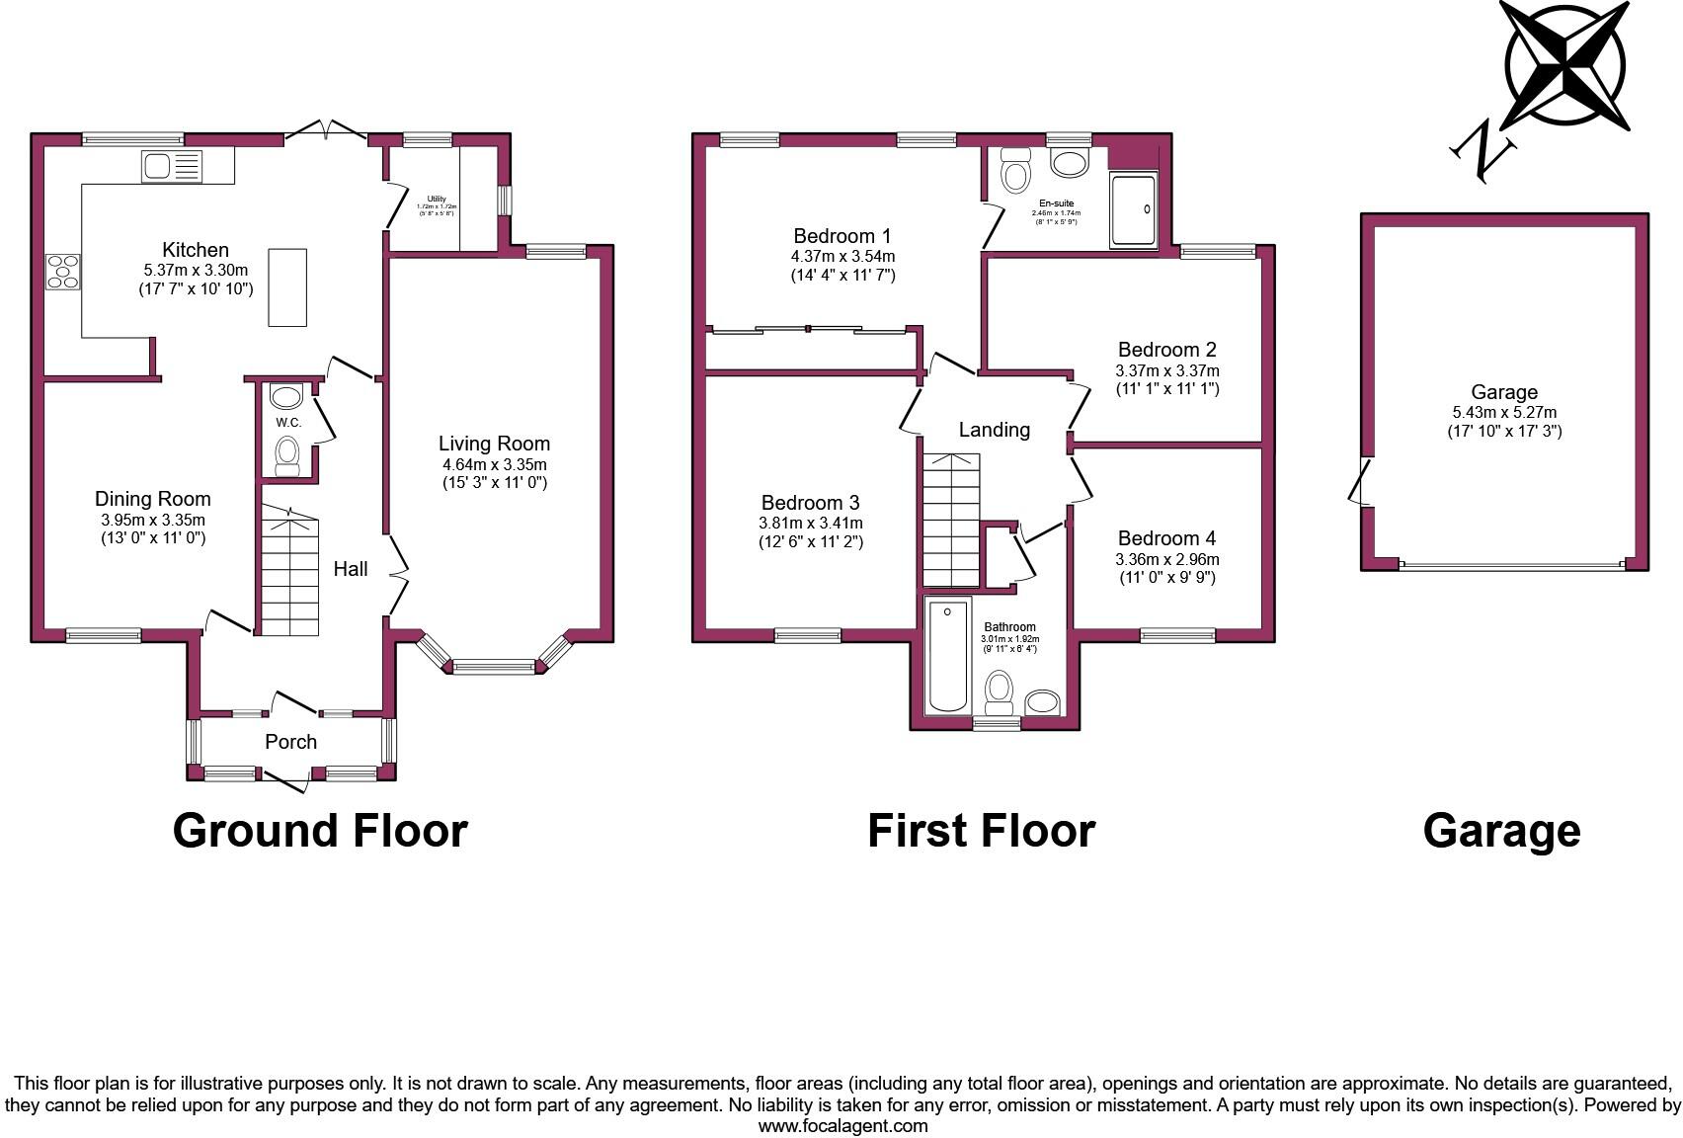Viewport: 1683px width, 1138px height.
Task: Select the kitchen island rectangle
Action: click(x=287, y=287)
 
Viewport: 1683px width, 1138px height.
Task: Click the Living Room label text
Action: click(x=494, y=444)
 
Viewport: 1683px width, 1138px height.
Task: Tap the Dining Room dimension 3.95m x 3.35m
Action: click(x=153, y=521)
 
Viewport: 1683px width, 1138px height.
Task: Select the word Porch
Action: click(x=290, y=742)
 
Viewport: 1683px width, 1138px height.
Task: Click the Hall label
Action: click(x=350, y=569)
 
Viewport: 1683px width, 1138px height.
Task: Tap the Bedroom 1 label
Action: click(x=841, y=236)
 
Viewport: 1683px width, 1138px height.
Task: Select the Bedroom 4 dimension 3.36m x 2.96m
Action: click(x=1166, y=559)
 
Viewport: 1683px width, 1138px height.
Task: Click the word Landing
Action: click(x=994, y=430)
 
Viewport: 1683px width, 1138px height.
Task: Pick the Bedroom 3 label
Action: click(x=810, y=503)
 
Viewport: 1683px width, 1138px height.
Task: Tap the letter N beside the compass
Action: click(x=1484, y=153)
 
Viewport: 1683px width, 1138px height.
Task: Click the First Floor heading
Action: click(x=981, y=832)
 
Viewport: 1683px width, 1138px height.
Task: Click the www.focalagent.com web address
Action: click(x=842, y=1126)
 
